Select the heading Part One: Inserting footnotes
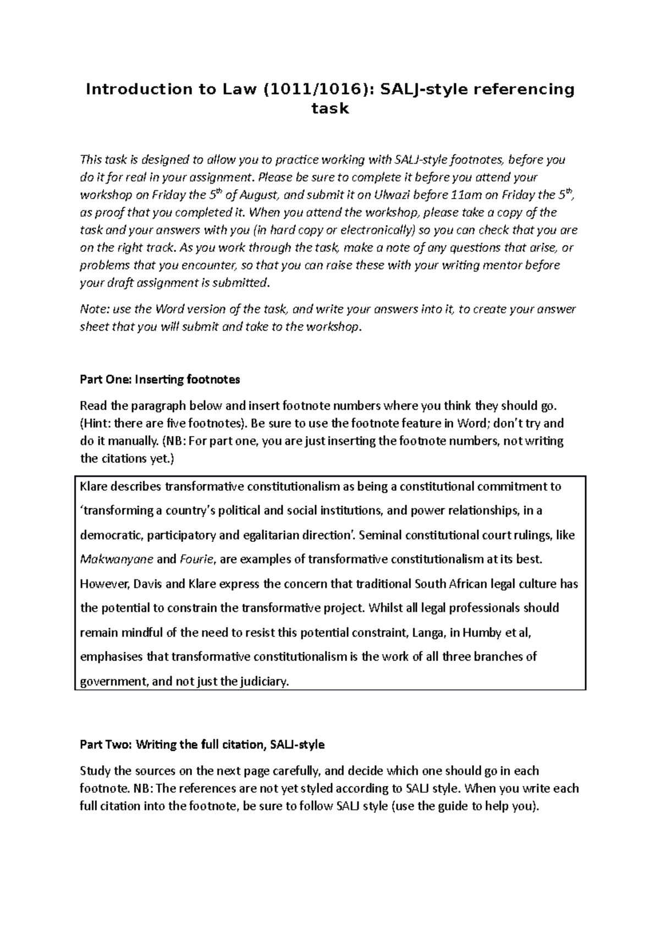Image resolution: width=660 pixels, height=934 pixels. click(x=160, y=379)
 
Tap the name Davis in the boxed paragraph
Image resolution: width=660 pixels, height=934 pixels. click(x=147, y=584)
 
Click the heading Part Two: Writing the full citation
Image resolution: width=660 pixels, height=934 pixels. click(x=202, y=745)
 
